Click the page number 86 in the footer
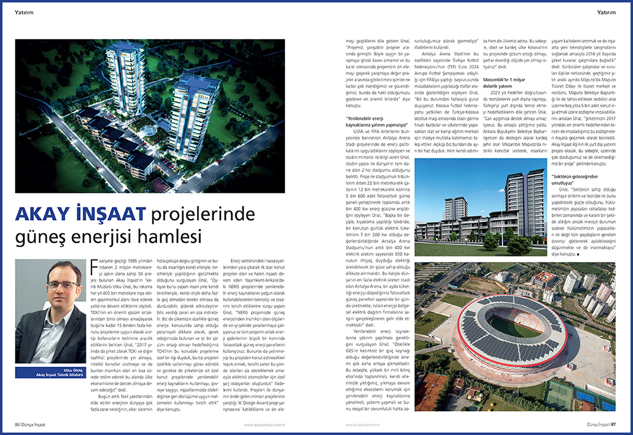[18, 423]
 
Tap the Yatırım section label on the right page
[607, 12]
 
